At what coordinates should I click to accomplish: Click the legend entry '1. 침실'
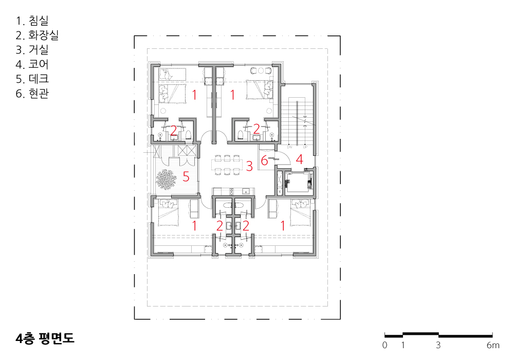point(32,21)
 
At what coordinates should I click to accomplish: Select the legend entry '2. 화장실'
point(37,35)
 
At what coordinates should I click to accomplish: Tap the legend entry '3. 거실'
point(32,50)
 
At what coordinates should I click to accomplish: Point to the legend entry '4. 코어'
point(32,64)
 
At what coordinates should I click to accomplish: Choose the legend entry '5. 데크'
point(32,79)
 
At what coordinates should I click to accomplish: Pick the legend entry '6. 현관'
point(32,94)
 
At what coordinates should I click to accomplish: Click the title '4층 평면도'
point(45,338)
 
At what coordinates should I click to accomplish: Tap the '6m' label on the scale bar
point(493,345)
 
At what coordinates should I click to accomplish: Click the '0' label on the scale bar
point(385,345)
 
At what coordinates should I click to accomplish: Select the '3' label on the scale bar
point(438,345)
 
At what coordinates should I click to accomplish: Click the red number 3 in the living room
point(249,166)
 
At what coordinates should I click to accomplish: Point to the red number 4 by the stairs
point(299,159)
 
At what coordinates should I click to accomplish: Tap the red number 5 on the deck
point(186,177)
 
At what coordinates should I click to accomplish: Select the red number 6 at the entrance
point(264,160)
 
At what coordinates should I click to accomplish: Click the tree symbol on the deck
point(166,179)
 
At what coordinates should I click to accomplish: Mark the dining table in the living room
point(228,165)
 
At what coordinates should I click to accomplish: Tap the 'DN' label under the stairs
point(289,148)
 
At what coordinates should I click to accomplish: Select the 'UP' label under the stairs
point(305,148)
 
